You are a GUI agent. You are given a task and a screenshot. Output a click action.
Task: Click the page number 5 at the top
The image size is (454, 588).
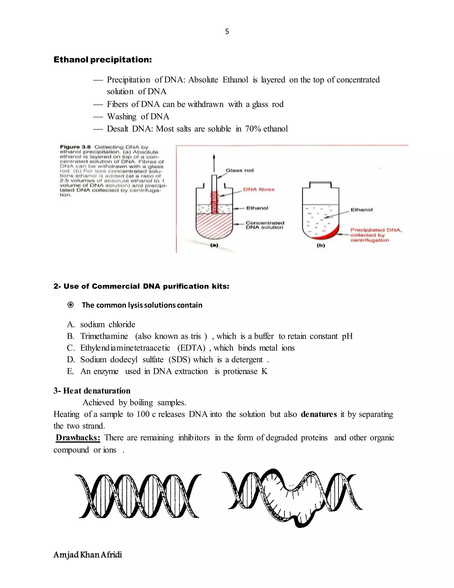coord(227,32)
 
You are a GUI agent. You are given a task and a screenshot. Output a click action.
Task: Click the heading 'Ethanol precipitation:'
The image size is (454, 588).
coord(102,59)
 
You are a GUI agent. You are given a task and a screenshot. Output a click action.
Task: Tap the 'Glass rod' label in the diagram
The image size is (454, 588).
coord(240,170)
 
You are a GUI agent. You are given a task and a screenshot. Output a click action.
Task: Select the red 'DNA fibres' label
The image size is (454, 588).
coord(259,189)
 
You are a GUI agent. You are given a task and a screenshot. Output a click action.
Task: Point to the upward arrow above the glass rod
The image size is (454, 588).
coord(214,163)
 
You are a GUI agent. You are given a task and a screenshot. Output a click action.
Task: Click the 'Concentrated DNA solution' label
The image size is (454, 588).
coord(265,225)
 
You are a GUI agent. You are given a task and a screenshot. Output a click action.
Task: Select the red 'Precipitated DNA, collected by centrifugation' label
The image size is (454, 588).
coord(376,235)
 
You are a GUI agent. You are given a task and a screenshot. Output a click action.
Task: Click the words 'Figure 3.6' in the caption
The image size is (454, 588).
coord(75,147)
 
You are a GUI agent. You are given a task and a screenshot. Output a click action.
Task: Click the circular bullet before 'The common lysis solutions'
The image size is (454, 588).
coord(70,305)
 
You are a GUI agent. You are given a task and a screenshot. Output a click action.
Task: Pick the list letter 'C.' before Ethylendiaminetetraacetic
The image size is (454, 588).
coord(71,348)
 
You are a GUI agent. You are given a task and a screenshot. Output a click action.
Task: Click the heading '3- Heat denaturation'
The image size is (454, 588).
coord(92,391)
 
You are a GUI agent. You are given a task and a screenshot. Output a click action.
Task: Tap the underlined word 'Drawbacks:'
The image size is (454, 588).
coord(78,438)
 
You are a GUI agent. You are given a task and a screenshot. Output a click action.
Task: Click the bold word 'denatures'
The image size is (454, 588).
coord(319,414)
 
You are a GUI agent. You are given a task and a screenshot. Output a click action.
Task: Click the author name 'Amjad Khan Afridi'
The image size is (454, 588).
coord(88,555)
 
